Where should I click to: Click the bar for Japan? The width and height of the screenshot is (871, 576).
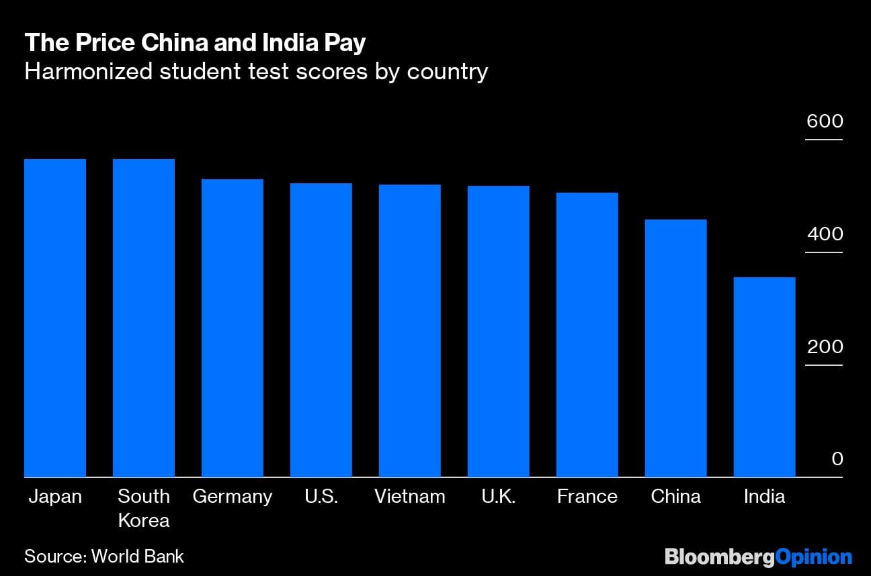point(55,318)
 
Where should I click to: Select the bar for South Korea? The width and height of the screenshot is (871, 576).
point(144,318)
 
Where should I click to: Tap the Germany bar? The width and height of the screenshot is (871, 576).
point(233,328)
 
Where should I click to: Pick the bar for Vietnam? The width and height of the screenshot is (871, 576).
point(410,331)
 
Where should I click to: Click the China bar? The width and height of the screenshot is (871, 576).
point(675,348)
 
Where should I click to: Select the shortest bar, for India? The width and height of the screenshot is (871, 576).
point(764,377)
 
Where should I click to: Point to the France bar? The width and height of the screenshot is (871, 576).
point(587,335)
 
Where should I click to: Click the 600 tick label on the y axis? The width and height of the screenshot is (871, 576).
point(825,122)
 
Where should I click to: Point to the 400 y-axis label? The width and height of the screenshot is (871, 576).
point(825,234)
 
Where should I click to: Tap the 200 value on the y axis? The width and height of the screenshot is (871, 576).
point(825,347)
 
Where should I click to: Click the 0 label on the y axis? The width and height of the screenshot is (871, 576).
point(837,459)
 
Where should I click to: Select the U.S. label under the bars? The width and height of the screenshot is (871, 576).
point(321,497)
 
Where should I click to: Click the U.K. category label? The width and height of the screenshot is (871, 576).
point(498,497)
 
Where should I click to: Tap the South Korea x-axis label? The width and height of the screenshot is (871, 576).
point(144,508)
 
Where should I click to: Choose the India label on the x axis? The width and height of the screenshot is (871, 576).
point(764,497)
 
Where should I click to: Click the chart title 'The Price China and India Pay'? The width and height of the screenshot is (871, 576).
point(195,43)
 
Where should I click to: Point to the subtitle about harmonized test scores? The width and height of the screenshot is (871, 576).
point(255,71)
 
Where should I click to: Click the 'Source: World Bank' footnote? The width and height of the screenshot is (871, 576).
point(104,556)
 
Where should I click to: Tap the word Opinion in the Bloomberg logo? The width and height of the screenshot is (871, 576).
point(814,557)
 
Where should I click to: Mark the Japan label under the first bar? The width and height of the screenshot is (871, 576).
point(55,497)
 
